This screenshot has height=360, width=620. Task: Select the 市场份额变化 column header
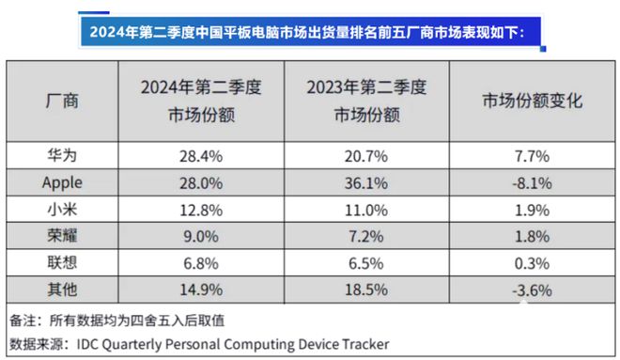[x=532, y=101]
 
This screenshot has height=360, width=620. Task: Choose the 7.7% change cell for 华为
[x=532, y=154]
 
